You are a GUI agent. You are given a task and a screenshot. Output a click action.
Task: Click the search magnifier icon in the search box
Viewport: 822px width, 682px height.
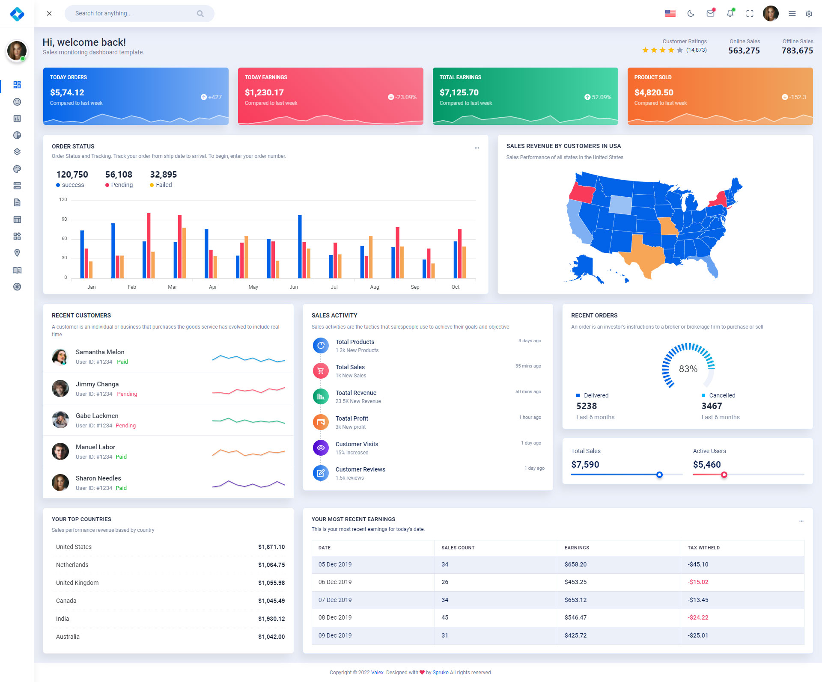click(200, 14)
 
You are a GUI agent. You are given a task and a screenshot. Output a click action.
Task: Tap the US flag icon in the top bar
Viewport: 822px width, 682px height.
click(670, 14)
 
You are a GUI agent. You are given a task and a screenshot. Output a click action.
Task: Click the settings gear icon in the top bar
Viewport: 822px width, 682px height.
click(809, 14)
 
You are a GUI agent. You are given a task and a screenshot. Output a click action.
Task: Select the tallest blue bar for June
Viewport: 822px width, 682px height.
click(300, 246)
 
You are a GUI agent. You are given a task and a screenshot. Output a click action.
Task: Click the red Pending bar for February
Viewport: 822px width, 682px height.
click(118, 267)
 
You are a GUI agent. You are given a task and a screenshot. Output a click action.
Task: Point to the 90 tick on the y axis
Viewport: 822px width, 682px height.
click(64, 219)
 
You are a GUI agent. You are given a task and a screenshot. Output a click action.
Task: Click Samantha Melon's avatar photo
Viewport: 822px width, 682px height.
click(60, 357)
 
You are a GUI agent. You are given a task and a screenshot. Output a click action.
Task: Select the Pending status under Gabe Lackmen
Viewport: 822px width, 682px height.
click(126, 426)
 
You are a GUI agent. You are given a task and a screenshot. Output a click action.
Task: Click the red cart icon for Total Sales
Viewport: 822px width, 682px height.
click(321, 371)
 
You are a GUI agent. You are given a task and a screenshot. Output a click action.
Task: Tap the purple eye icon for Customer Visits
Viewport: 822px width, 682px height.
click(321, 448)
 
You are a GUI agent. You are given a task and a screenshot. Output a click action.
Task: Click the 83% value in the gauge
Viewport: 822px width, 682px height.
click(688, 369)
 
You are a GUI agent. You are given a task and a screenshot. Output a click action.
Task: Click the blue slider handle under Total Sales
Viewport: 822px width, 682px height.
click(659, 475)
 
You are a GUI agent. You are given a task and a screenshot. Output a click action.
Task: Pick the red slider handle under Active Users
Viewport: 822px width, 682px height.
click(724, 475)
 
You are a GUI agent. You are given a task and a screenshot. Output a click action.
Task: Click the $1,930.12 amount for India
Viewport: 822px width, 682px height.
click(271, 619)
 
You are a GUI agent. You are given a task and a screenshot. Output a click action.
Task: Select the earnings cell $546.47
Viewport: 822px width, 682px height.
click(575, 618)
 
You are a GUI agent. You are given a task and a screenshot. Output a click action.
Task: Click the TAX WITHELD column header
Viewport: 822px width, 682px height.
click(703, 548)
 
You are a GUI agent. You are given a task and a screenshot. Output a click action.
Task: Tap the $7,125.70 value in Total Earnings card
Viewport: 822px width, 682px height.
click(459, 93)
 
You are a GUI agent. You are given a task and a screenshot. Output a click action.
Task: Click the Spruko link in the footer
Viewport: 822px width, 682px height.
click(441, 673)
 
